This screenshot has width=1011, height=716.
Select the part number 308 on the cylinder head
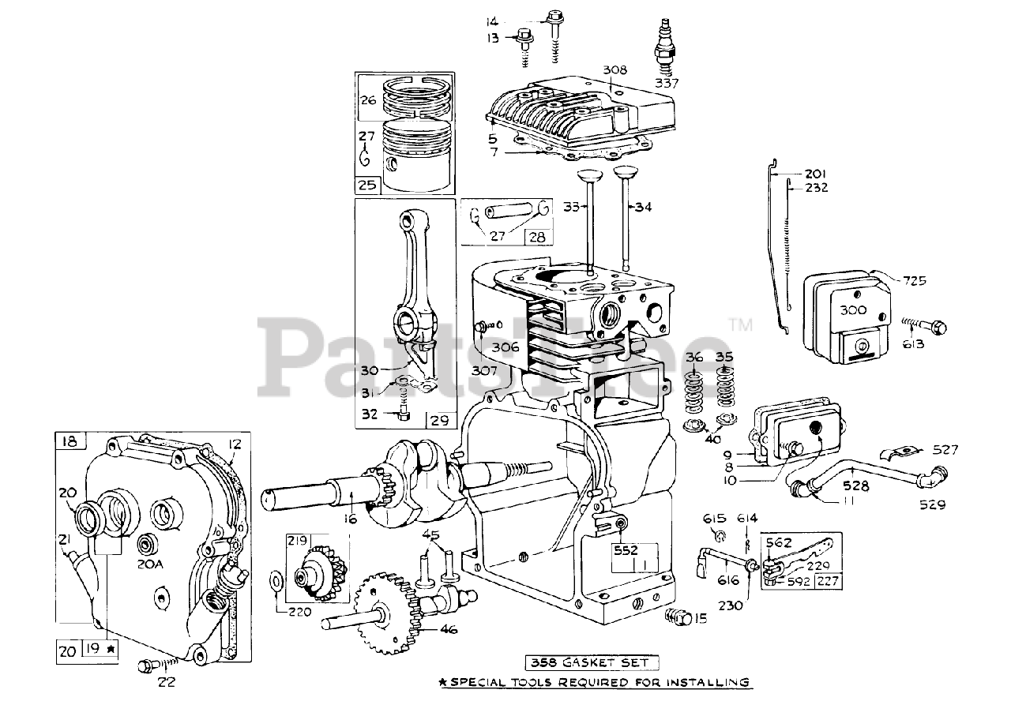(615, 70)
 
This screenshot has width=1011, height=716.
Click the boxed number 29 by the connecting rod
(439, 419)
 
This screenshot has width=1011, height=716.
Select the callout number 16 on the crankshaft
(350, 519)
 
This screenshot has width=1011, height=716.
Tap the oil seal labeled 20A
(146, 545)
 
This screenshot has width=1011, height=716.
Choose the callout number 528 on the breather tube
(855, 486)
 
